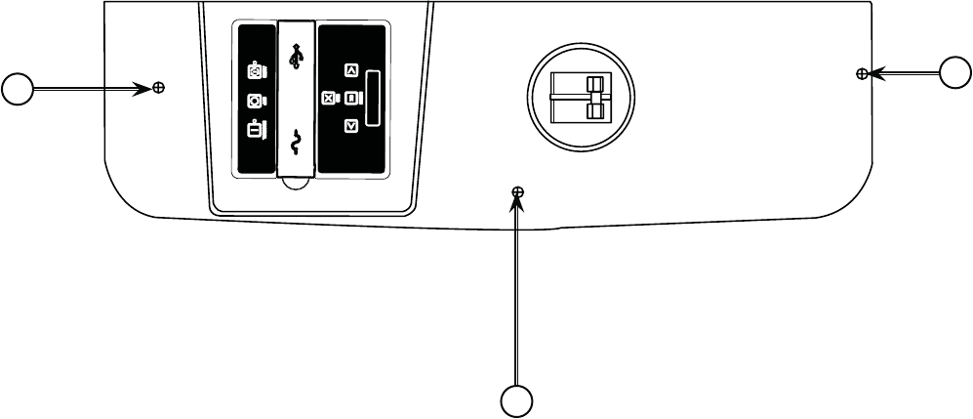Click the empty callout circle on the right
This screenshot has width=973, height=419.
[x=955, y=72]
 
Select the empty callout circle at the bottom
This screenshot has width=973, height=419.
[x=517, y=401]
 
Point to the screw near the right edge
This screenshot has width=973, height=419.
[x=861, y=73]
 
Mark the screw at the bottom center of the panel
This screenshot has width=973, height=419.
[x=518, y=192]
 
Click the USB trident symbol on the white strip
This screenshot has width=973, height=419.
[x=297, y=56]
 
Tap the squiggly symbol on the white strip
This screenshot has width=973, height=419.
[x=297, y=144]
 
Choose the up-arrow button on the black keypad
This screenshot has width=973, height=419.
[x=351, y=70]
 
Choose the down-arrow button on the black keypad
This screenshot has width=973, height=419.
[x=351, y=125]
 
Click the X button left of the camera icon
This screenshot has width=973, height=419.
[x=329, y=98]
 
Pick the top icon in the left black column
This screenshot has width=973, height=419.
[x=255, y=71]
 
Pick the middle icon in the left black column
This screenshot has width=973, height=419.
[x=255, y=100]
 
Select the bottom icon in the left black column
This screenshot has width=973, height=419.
[x=255, y=129]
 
